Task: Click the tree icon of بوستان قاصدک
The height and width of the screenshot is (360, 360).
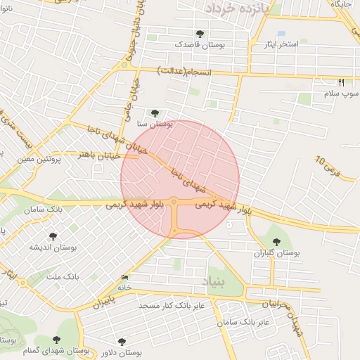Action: [x=200, y=34]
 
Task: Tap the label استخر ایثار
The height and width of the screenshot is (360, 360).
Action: [x=278, y=44]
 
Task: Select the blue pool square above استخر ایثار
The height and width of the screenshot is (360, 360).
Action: [x=281, y=34]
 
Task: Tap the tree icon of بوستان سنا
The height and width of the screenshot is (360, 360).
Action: [x=155, y=112]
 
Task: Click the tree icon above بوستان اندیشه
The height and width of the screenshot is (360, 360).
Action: [x=53, y=236]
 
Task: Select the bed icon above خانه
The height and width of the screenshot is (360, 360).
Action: [x=125, y=277]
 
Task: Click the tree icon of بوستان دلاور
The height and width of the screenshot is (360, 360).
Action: [x=122, y=342]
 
